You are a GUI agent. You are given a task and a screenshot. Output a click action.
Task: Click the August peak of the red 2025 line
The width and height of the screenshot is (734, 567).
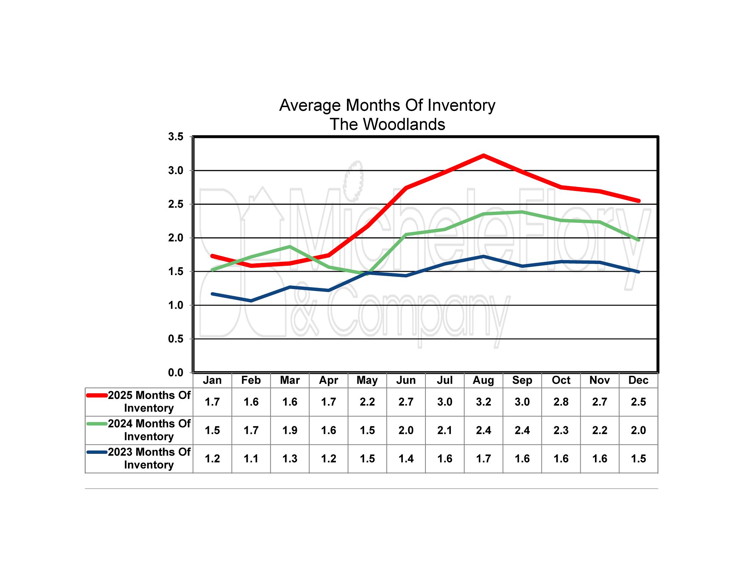483,155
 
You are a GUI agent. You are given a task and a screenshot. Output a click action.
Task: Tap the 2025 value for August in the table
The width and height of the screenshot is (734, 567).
483,402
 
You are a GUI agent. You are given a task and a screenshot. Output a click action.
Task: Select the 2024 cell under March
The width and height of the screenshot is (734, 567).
290,430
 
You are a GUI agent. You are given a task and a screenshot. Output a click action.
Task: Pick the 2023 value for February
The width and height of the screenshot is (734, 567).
251,458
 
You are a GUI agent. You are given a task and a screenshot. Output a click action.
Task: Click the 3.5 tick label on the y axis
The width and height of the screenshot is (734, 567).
176,136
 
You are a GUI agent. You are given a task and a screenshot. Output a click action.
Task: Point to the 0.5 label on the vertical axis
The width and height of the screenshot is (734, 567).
176,339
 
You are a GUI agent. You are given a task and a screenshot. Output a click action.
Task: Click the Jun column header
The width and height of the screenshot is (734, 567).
406,380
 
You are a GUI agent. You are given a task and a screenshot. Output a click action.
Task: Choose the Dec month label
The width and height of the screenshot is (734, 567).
638,380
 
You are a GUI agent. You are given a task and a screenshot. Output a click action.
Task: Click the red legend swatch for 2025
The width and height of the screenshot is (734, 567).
97,395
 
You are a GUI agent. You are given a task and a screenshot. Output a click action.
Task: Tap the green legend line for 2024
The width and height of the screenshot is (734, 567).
97,424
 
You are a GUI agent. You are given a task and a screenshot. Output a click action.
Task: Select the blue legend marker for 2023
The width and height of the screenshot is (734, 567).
97,452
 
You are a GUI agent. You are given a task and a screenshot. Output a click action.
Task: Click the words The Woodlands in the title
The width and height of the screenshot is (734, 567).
387,124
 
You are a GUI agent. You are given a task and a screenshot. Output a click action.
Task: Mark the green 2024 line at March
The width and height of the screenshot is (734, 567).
290,246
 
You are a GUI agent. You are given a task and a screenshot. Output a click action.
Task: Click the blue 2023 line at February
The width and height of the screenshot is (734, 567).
251,301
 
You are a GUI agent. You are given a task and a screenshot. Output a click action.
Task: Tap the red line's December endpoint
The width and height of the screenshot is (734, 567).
638,201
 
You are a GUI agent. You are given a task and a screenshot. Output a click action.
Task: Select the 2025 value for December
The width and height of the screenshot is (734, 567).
638,402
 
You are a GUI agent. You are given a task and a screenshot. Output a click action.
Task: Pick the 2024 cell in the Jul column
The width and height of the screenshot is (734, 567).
445,430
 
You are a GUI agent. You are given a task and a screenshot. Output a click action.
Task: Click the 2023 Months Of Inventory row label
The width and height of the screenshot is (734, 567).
149,458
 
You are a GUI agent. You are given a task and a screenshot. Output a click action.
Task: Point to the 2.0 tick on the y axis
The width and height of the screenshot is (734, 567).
176,238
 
